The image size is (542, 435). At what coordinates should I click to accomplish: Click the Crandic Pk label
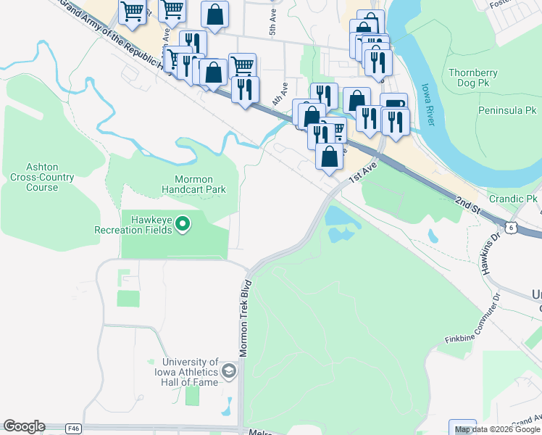click(x=512, y=199)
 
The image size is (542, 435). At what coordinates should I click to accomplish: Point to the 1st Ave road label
click(x=364, y=173)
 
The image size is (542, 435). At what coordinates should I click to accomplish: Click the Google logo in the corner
click(x=24, y=426)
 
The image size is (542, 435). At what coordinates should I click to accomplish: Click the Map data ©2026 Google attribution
click(x=497, y=429)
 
